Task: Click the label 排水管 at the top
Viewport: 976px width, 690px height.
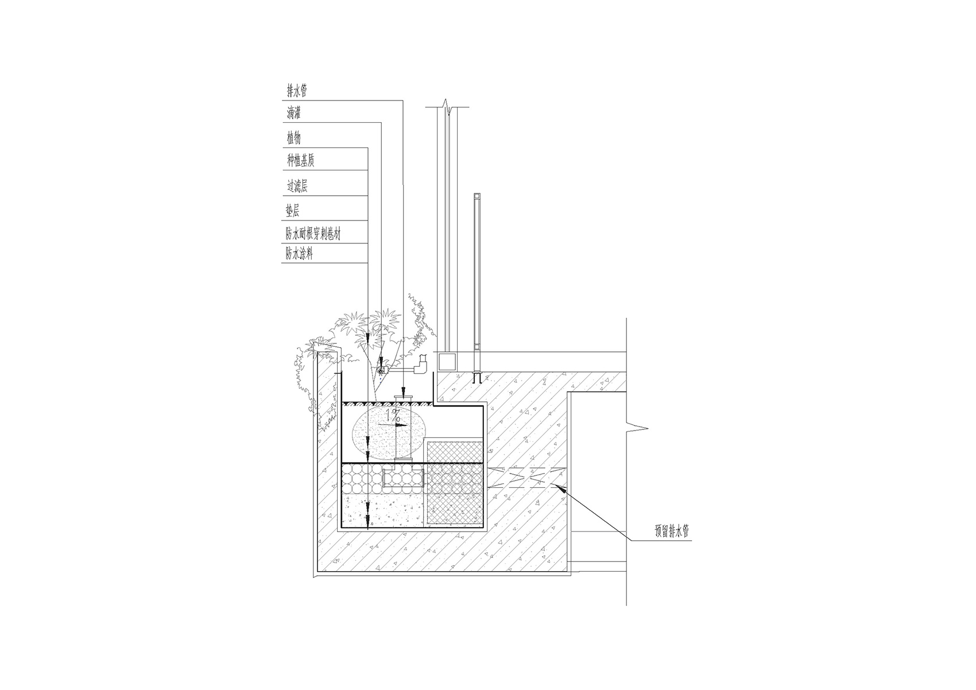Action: [x=297, y=91]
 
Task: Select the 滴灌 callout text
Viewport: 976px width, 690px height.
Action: [x=294, y=114]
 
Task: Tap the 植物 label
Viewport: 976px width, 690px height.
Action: [x=294, y=138]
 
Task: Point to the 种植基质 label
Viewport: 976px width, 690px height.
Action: [x=300, y=161]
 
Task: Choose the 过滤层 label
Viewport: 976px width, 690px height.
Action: [x=297, y=187]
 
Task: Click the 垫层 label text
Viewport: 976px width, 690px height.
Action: [x=293, y=211]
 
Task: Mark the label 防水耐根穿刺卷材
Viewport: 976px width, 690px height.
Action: [x=313, y=234]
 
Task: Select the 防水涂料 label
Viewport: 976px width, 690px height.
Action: [x=299, y=254]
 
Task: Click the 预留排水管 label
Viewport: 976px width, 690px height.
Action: [x=672, y=532]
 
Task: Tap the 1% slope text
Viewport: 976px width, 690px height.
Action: [x=393, y=414]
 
